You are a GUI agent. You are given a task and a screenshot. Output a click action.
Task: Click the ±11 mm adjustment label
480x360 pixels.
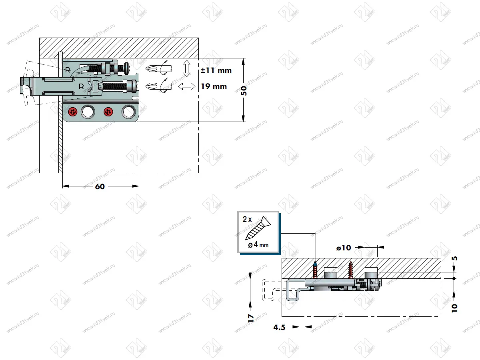(216, 70)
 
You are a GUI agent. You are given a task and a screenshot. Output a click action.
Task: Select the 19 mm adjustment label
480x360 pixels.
(214, 86)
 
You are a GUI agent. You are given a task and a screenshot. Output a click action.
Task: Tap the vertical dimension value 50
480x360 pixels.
(244, 90)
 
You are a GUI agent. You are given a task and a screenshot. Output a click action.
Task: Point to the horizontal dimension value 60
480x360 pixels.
(100, 186)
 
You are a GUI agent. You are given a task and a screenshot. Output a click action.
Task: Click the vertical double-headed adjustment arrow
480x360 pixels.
(186, 68)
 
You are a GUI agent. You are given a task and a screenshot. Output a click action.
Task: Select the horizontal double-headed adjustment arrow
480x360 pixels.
(187, 86)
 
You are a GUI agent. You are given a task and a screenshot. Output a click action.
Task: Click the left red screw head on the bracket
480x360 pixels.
(73, 112)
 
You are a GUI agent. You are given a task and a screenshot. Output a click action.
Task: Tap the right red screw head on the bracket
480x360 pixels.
(108, 112)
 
